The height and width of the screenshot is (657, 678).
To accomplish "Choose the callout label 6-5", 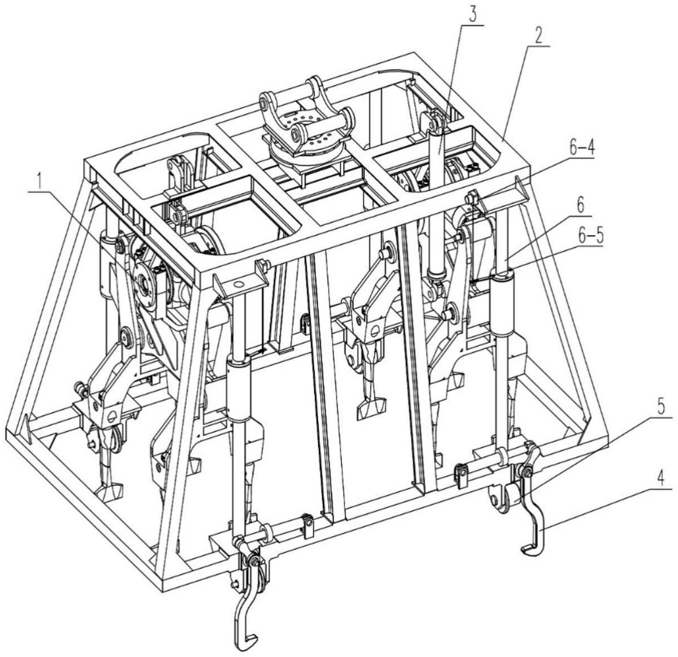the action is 588,237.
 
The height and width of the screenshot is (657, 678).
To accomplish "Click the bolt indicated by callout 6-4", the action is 471,196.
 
